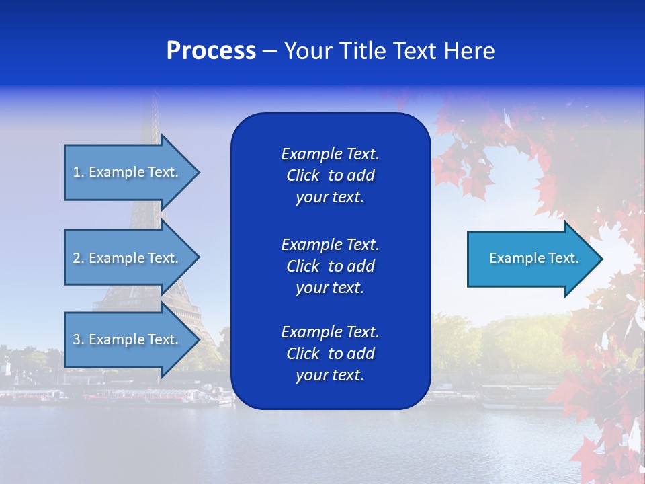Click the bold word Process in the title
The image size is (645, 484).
point(211,51)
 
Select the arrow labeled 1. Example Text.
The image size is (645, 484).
point(126,172)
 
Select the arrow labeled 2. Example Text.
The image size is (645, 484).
point(126,258)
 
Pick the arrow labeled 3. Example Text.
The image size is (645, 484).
point(126,339)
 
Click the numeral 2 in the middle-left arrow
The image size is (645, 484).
point(77,258)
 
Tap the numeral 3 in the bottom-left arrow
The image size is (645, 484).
point(77,339)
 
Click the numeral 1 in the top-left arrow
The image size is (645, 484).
point(76,172)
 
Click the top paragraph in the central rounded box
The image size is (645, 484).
point(330,175)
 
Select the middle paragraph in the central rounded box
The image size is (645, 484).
point(330,266)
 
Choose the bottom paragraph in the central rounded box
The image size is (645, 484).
point(330,354)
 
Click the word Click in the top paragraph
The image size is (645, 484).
point(302,175)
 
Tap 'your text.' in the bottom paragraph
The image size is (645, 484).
point(330,375)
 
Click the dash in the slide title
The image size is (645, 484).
point(269,51)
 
